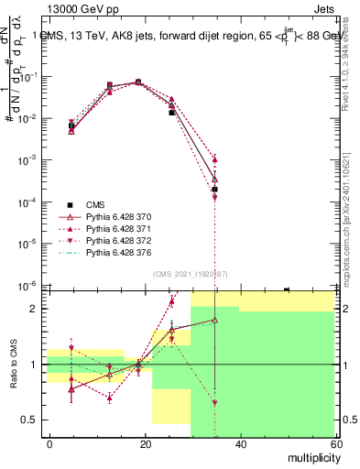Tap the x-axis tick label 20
[x=145, y=444]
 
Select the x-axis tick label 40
[x=239, y=444]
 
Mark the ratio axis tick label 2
[x=36, y=309]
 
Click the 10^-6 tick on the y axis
[x=27, y=286]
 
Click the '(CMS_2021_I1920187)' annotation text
[x=191, y=274]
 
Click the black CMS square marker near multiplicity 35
[x=214, y=189]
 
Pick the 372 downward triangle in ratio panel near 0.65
[x=214, y=403]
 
